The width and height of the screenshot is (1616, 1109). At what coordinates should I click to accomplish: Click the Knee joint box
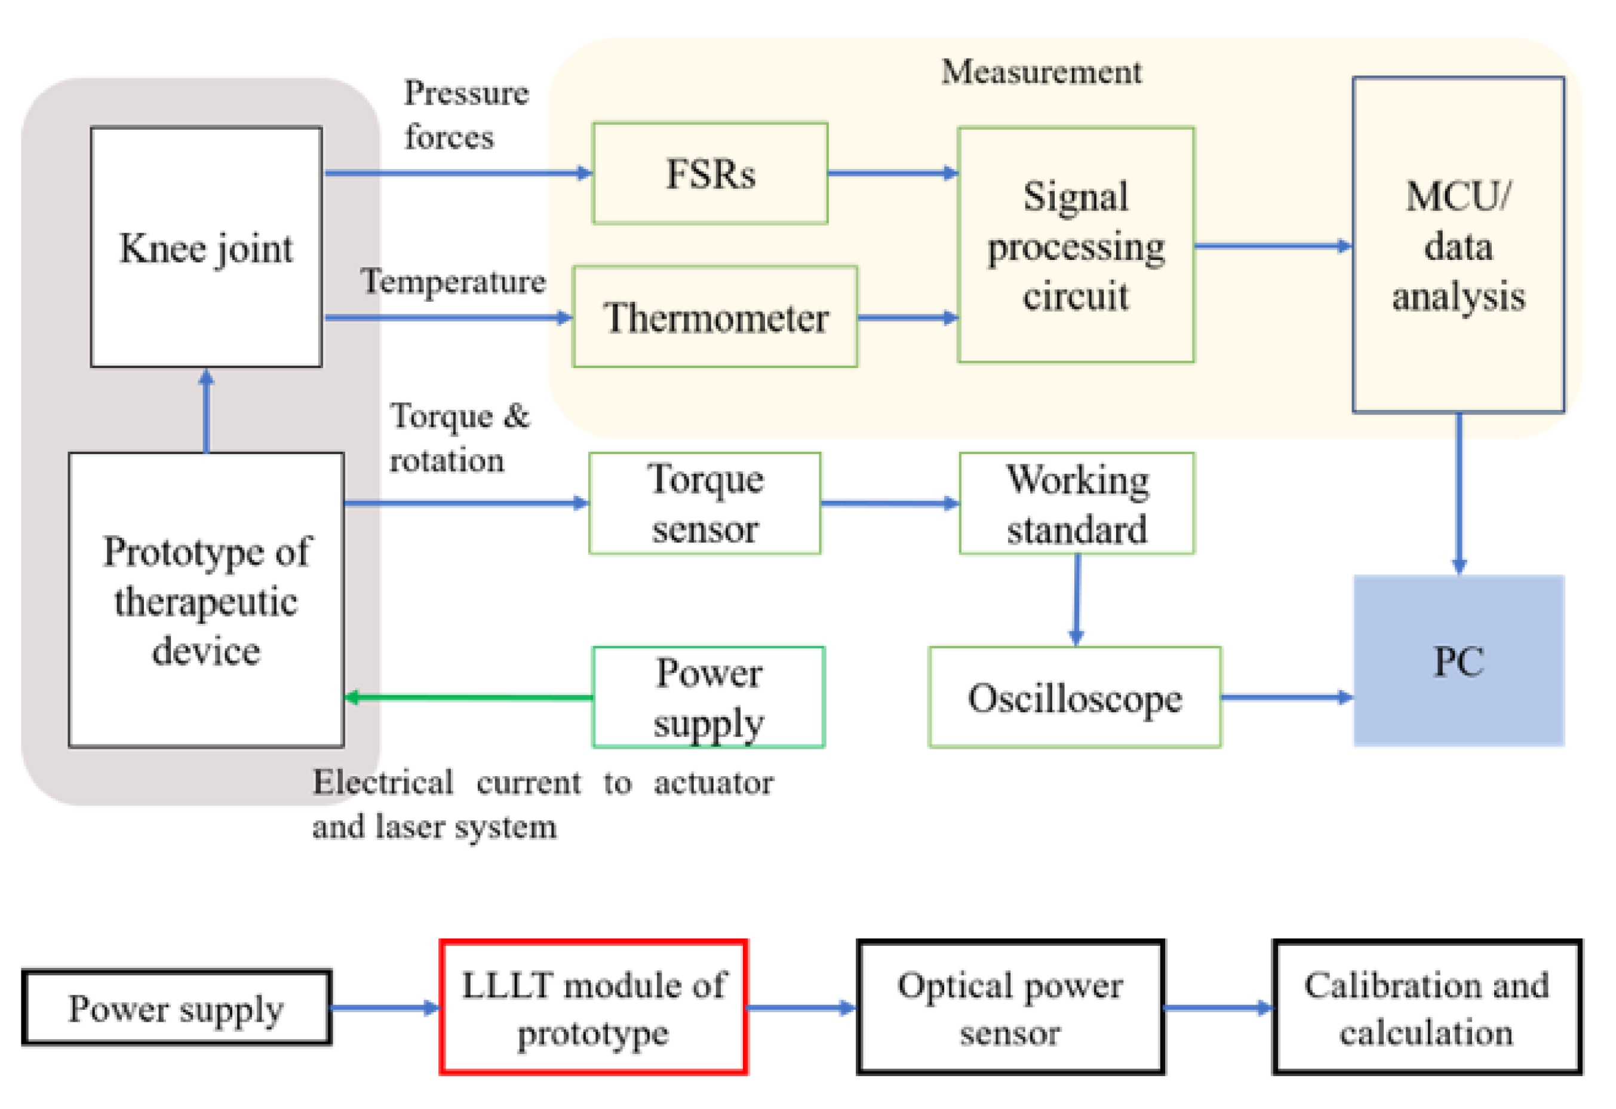click(206, 247)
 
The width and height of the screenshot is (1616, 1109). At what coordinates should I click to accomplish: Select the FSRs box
click(710, 174)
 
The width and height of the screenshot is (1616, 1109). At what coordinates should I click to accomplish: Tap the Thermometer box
click(715, 317)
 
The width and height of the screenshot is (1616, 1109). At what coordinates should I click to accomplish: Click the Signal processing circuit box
click(1075, 245)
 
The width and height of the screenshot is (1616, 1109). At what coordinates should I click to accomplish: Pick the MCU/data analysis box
click(1458, 245)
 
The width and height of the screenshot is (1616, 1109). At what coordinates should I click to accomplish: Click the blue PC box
click(1458, 661)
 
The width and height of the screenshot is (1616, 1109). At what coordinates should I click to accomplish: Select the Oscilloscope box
click(1074, 698)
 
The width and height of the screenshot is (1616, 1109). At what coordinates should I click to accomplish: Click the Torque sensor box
click(705, 504)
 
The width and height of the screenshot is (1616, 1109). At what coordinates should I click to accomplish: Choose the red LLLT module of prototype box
click(593, 1007)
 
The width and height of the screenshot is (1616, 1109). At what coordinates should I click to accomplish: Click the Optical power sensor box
click(1010, 1007)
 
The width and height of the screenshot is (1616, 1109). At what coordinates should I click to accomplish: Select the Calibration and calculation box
click(1426, 1007)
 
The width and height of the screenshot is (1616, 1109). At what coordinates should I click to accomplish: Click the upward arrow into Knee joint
click(206, 410)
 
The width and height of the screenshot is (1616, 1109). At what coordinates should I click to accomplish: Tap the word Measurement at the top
click(1041, 72)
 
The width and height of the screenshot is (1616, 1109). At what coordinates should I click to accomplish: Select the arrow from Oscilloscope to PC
click(1286, 697)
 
